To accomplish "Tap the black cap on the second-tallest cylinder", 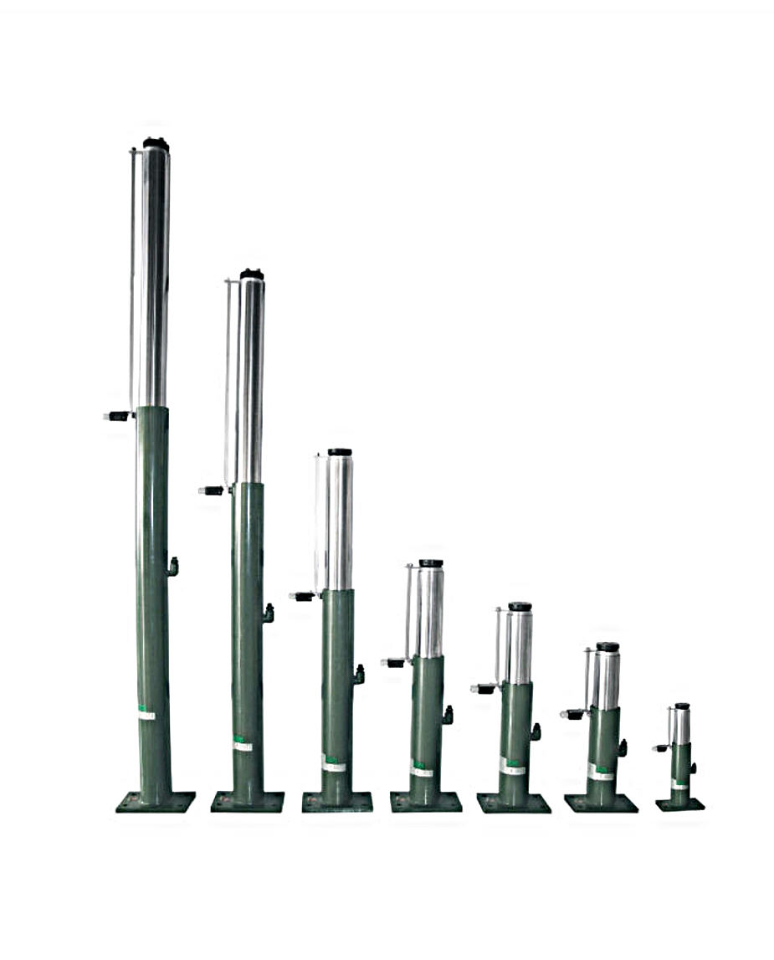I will click(251, 275).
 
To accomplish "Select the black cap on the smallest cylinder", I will click(682, 706).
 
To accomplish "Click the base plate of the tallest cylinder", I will click(156, 802).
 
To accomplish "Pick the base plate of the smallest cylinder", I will click(679, 804).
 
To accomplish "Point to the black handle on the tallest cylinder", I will click(118, 416).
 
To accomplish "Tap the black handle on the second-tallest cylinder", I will click(213, 490).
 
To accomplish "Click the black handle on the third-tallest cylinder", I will click(303, 596).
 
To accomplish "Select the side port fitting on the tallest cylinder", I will click(172, 567).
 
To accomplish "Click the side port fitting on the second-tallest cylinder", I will click(268, 613).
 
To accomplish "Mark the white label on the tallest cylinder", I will click(146, 716).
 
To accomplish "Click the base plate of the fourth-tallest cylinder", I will click(425, 802).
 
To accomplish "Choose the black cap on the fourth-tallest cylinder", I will click(431, 563).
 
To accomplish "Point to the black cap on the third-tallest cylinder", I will click(340, 452).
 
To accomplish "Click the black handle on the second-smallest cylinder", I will click(574, 714).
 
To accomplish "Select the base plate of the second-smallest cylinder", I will click(601, 803).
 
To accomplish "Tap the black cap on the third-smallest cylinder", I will click(520, 606).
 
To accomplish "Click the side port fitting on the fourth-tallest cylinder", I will click(448, 715).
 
